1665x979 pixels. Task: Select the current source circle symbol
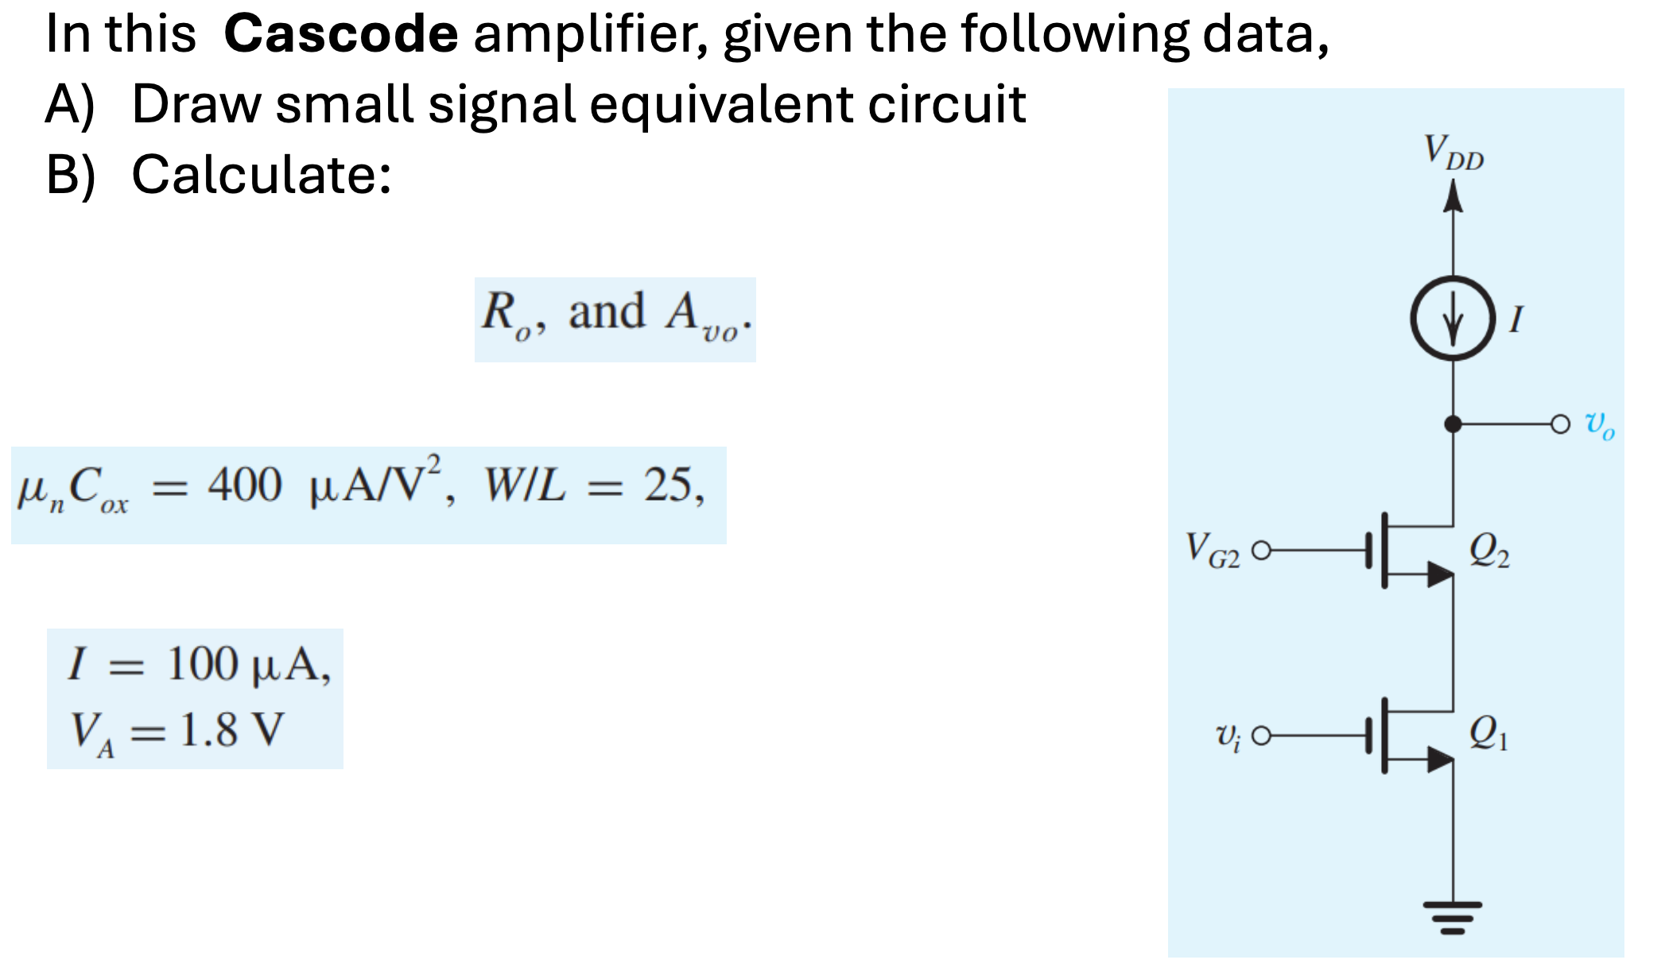[1453, 319]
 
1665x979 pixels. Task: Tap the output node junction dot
[1453, 424]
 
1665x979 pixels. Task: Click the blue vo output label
[1599, 424]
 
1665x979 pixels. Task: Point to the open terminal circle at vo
[1560, 424]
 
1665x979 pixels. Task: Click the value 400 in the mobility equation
[245, 485]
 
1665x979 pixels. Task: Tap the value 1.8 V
[231, 729]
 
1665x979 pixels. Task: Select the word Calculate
[261, 175]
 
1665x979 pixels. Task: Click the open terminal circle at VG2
[1261, 550]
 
